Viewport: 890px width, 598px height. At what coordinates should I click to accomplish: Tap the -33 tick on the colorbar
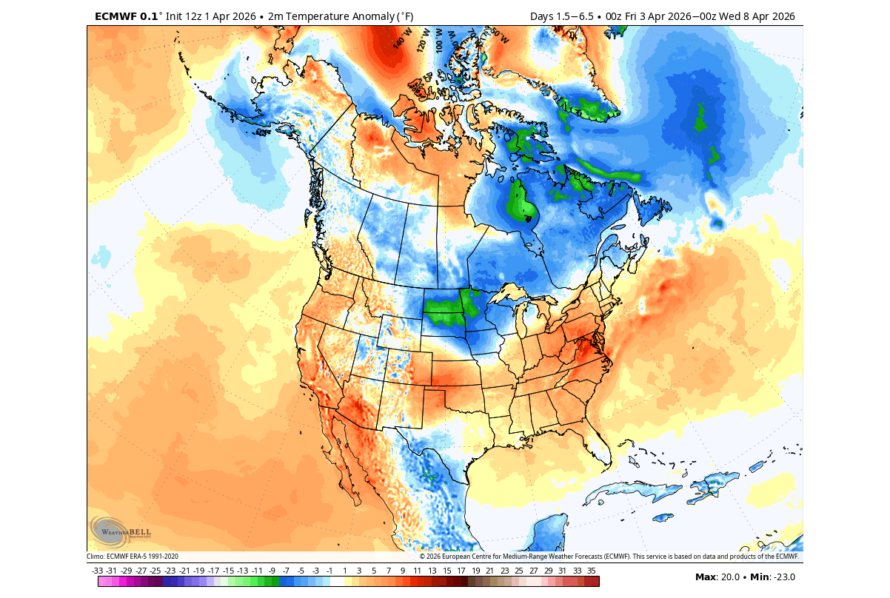pyautogui.click(x=98, y=571)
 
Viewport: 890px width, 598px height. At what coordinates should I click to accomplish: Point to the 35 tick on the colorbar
pyautogui.click(x=591, y=571)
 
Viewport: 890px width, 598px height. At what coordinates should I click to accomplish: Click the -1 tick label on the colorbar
pyautogui.click(x=330, y=571)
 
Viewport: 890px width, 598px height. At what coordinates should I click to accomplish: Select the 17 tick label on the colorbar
pyautogui.click(x=461, y=571)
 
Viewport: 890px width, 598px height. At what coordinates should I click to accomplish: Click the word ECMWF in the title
pyautogui.click(x=117, y=16)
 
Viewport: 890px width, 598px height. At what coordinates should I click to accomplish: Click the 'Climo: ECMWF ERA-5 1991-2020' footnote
pyautogui.click(x=133, y=557)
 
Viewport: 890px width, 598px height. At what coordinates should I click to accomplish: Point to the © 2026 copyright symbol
pyautogui.click(x=422, y=557)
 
